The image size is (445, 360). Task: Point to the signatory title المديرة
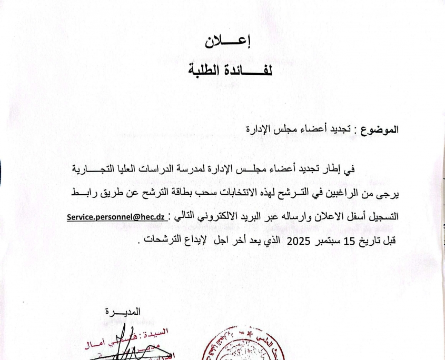(x=124, y=312)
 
